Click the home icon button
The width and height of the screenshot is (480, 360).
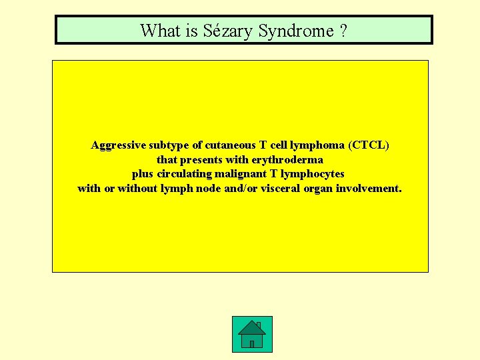pyautogui.click(x=252, y=334)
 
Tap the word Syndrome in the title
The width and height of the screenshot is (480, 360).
pyautogui.click(x=295, y=31)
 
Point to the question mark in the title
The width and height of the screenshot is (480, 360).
pyautogui.click(x=343, y=31)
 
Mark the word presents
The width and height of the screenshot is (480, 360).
pyautogui.click(x=203, y=160)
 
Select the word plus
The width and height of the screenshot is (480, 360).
pyautogui.click(x=143, y=174)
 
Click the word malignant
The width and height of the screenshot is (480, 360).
pyautogui.click(x=241, y=174)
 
